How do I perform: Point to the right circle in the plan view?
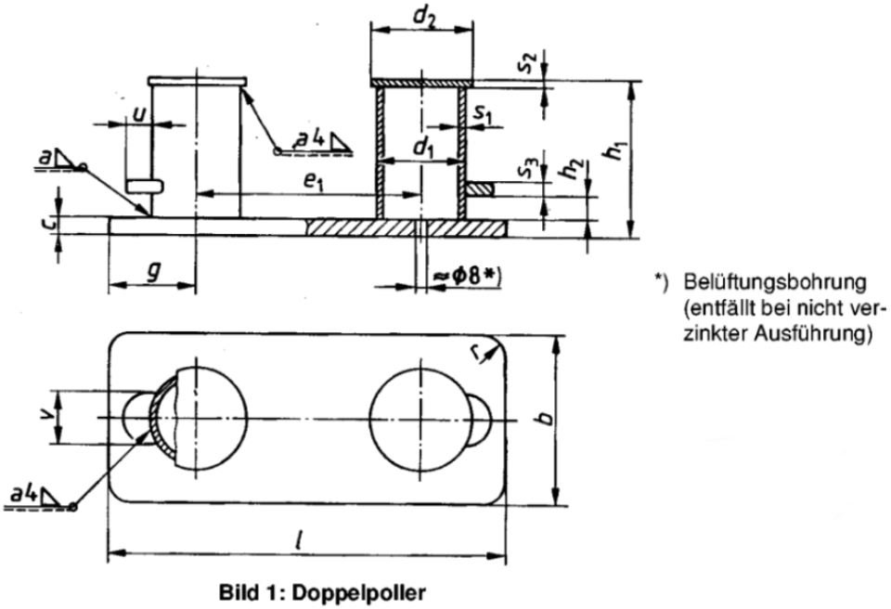(414, 420)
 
